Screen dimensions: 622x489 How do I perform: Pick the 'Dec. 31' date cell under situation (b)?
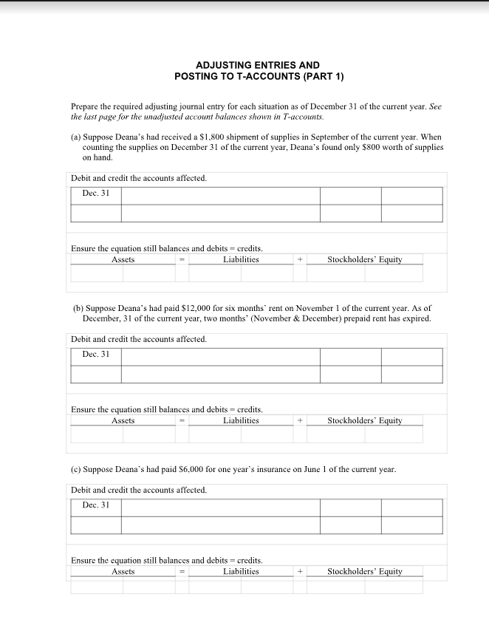click(96, 354)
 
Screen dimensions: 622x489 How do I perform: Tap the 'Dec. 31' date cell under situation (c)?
click(96, 505)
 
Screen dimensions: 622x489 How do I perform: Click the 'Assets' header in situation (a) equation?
click(123, 259)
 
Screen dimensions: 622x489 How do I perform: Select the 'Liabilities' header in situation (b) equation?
click(241, 420)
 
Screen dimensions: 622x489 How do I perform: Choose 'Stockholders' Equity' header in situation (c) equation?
click(365, 571)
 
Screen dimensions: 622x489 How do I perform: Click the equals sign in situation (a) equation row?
click(179, 259)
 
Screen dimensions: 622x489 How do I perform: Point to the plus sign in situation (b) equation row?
click(301, 420)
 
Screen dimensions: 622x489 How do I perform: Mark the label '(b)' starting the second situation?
click(78, 308)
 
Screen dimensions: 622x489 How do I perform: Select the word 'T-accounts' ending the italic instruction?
click(304, 117)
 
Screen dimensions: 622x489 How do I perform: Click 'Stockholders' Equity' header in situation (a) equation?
click(365, 259)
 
